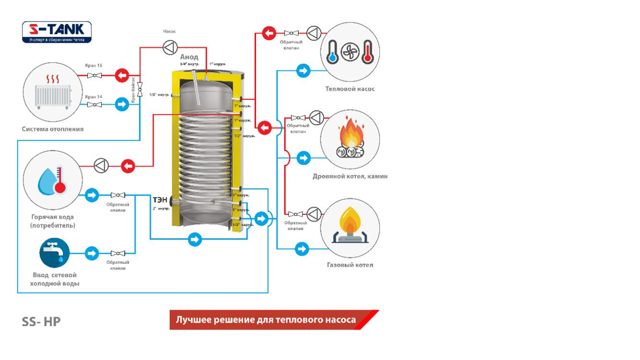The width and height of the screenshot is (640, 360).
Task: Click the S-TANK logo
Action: tap(57, 32)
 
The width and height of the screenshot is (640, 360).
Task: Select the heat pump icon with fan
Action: tap(350, 53)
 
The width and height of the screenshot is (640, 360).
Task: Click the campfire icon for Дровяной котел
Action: tap(350, 139)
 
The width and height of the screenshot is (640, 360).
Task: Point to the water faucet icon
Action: tap(54, 253)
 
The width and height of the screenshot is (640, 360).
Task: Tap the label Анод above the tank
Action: tap(189, 57)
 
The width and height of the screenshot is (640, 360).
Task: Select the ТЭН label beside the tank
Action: tap(160, 199)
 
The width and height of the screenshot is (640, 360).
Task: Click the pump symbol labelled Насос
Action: tap(169, 48)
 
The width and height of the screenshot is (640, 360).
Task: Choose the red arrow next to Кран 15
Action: tap(122, 74)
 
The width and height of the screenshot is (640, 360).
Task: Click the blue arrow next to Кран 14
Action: tap(122, 103)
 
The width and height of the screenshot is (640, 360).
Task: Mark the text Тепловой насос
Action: tap(350, 89)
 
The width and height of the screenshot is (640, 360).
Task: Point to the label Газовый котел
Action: tap(350, 265)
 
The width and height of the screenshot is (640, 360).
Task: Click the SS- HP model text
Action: tap(41, 322)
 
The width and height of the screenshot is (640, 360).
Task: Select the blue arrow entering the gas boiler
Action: tap(302, 248)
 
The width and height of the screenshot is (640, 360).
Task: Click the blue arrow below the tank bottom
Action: tap(194, 239)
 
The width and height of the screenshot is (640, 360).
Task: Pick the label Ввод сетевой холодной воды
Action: tap(54, 279)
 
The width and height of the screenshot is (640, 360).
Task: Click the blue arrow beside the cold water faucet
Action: tap(92, 253)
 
